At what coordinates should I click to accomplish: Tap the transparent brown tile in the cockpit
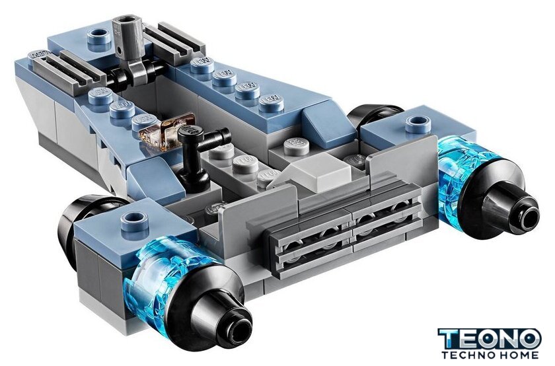point(167,131)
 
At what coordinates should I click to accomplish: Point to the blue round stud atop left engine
point(134,222)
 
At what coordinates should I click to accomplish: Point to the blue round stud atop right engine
point(418,124)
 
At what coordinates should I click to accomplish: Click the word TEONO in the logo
point(490,339)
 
